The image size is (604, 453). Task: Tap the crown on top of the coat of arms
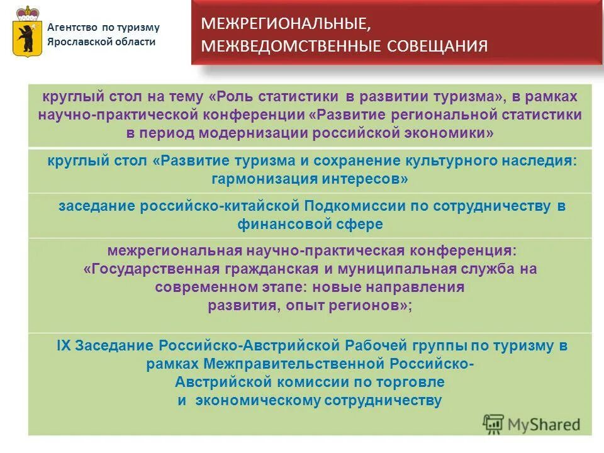tap(26, 13)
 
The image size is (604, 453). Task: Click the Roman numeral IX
tap(64, 345)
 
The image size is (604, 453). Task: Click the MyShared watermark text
tap(543, 425)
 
